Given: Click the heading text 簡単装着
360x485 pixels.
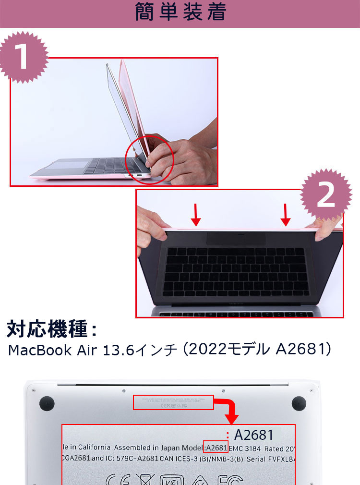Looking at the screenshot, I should (x=180, y=13).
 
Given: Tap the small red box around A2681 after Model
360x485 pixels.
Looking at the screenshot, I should (x=216, y=448).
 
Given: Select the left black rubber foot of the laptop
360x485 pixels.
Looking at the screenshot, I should (x=47, y=403).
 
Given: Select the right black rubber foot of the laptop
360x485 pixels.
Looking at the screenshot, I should (x=299, y=403).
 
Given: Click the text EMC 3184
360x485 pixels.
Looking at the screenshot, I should (x=245, y=448).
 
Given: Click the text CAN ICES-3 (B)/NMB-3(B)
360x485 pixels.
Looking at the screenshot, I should (x=202, y=459).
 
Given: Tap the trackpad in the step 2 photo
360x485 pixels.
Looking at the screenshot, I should (x=236, y=238).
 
